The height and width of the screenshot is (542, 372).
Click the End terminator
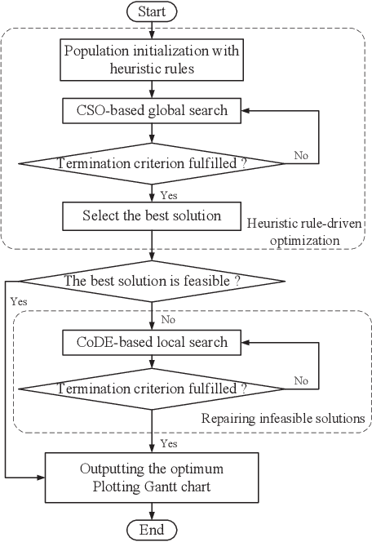[x=152, y=531]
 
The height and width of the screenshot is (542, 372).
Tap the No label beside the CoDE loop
[x=301, y=381]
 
